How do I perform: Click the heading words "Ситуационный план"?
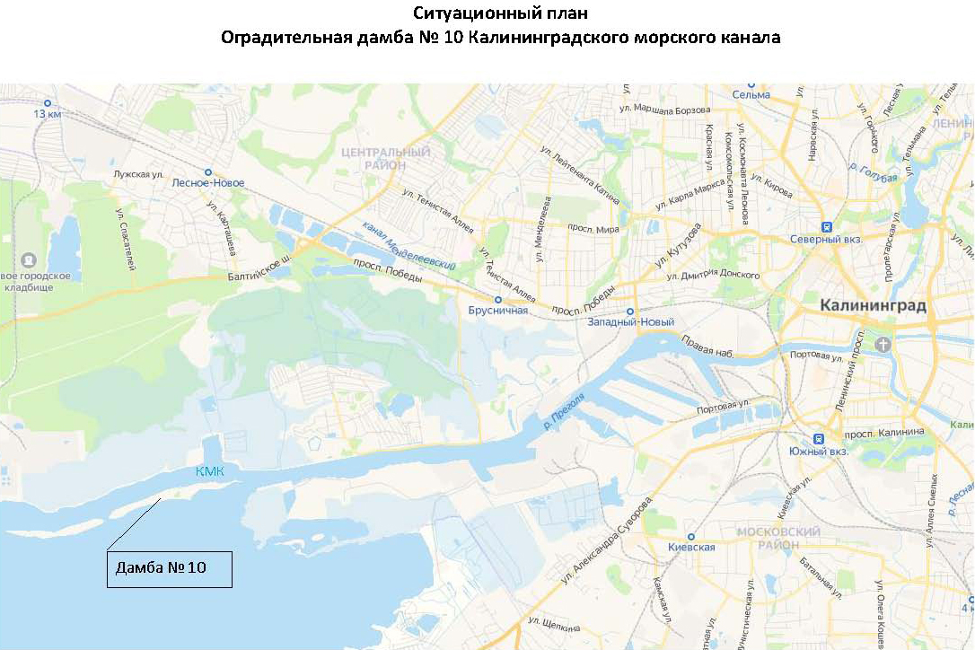click(x=501, y=13)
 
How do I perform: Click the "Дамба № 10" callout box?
click(x=170, y=568)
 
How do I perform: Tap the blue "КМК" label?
click(x=210, y=472)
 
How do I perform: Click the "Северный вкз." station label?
click(x=825, y=239)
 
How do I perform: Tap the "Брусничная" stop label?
click(x=497, y=311)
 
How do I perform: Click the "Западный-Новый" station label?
click(x=630, y=322)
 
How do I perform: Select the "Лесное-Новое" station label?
click(x=207, y=182)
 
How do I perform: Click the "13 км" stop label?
click(x=47, y=114)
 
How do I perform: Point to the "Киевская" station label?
click(x=691, y=547)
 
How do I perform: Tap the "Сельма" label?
click(x=751, y=94)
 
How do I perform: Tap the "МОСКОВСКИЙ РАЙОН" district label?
click(x=778, y=538)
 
